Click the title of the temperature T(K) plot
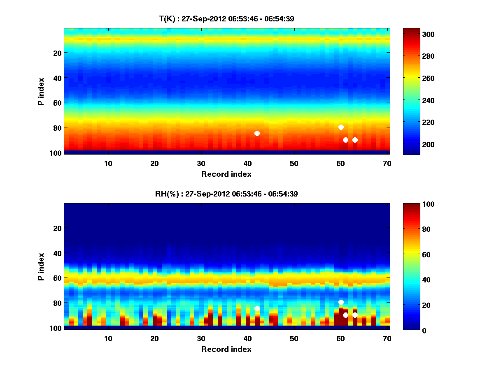[226, 18]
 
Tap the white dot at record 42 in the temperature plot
[257, 133]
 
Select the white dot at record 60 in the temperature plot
[341, 127]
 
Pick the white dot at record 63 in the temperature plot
[355, 140]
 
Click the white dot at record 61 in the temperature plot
[345, 140]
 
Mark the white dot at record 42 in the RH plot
[257, 308]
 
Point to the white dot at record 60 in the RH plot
[341, 302]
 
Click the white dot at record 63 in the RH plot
[355, 315]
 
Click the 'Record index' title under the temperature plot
[226, 174]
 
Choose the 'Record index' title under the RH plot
[226, 349]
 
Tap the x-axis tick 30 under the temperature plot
[201, 163]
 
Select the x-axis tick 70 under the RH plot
[387, 338]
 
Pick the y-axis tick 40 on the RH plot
[57, 253]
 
